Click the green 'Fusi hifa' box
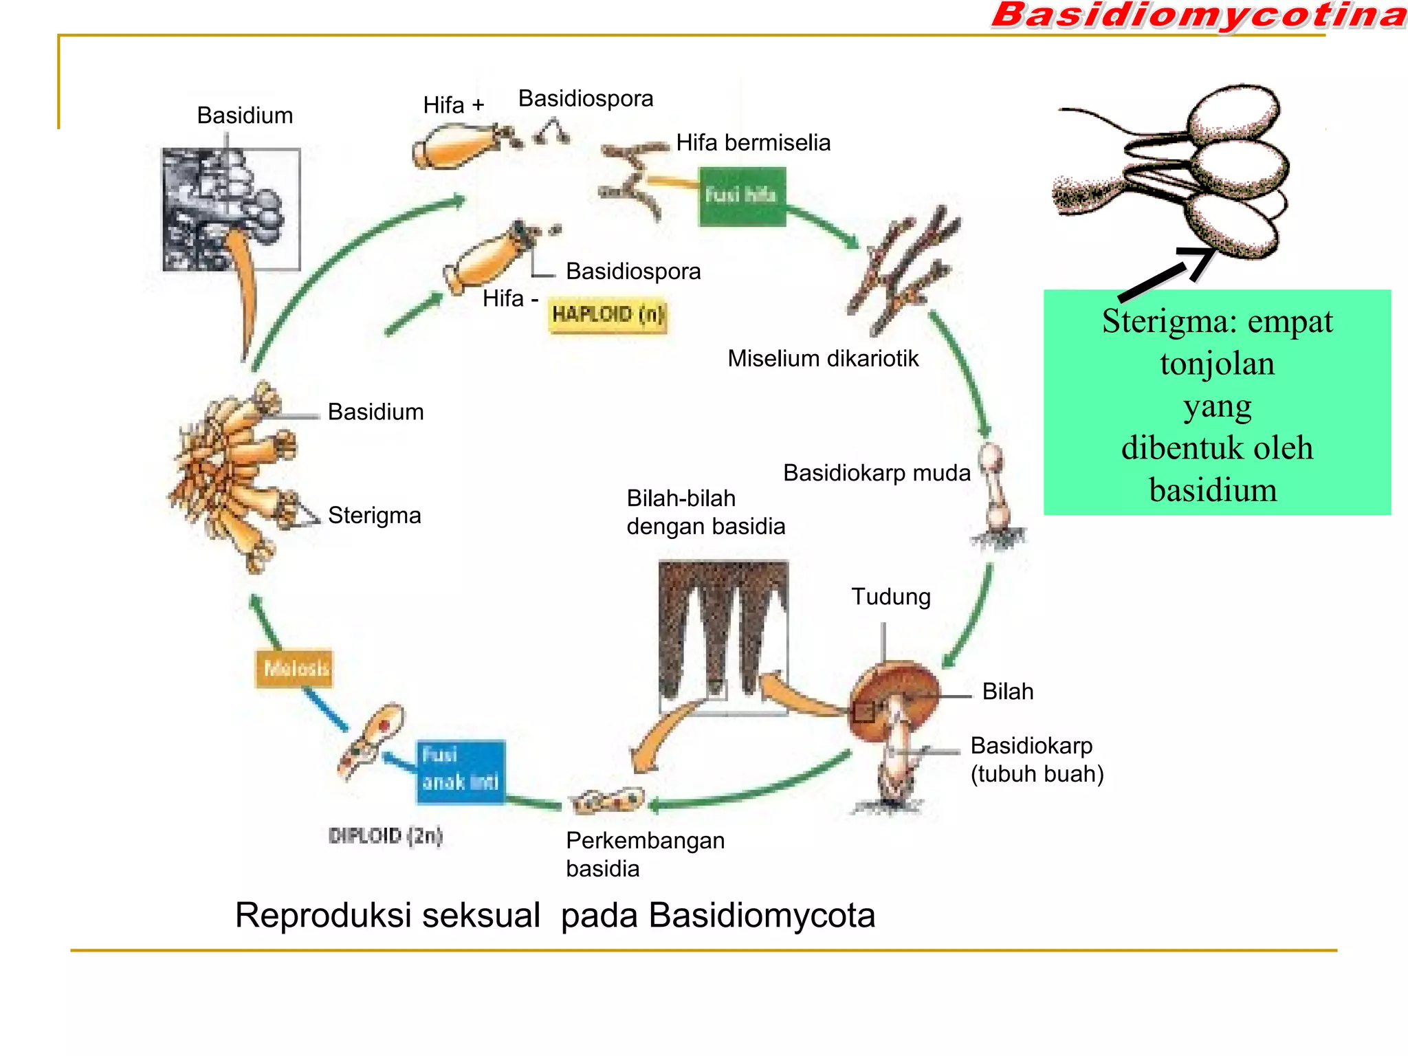(x=742, y=196)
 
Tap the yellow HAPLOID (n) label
(x=608, y=315)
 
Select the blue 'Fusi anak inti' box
(x=460, y=771)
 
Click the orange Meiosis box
(x=294, y=668)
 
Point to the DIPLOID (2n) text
(x=385, y=835)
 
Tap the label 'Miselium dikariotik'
(x=822, y=358)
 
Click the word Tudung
(x=890, y=596)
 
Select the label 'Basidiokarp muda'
(x=877, y=473)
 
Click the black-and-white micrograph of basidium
(x=231, y=209)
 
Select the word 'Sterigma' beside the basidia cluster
(x=374, y=515)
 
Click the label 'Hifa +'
(x=453, y=105)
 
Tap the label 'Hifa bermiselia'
(x=753, y=142)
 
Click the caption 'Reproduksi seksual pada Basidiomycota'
(x=554, y=915)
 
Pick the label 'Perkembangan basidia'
(x=644, y=854)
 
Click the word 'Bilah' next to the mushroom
(x=1007, y=691)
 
